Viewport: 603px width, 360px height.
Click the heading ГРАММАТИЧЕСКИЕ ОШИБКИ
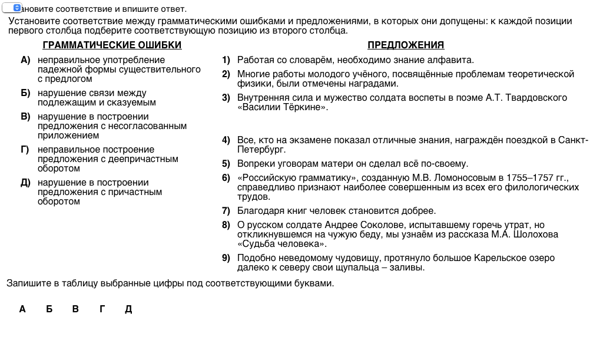[x=112, y=45]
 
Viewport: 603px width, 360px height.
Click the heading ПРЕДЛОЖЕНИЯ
[x=406, y=45]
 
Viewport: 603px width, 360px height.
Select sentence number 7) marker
[x=226, y=211]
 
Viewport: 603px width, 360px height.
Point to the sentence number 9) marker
[x=226, y=258]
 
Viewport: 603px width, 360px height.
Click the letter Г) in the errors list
[x=25, y=150]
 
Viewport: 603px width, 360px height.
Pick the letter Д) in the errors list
[x=25, y=183]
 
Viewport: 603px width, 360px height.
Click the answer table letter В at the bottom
[x=75, y=309]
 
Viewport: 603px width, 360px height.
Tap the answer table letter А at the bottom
[x=22, y=309]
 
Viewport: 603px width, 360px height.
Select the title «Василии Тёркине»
[x=282, y=107]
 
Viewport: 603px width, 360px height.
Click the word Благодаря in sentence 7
[x=258, y=211]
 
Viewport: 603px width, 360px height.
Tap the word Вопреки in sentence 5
[x=254, y=164]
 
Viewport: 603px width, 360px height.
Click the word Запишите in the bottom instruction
[x=26, y=283]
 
